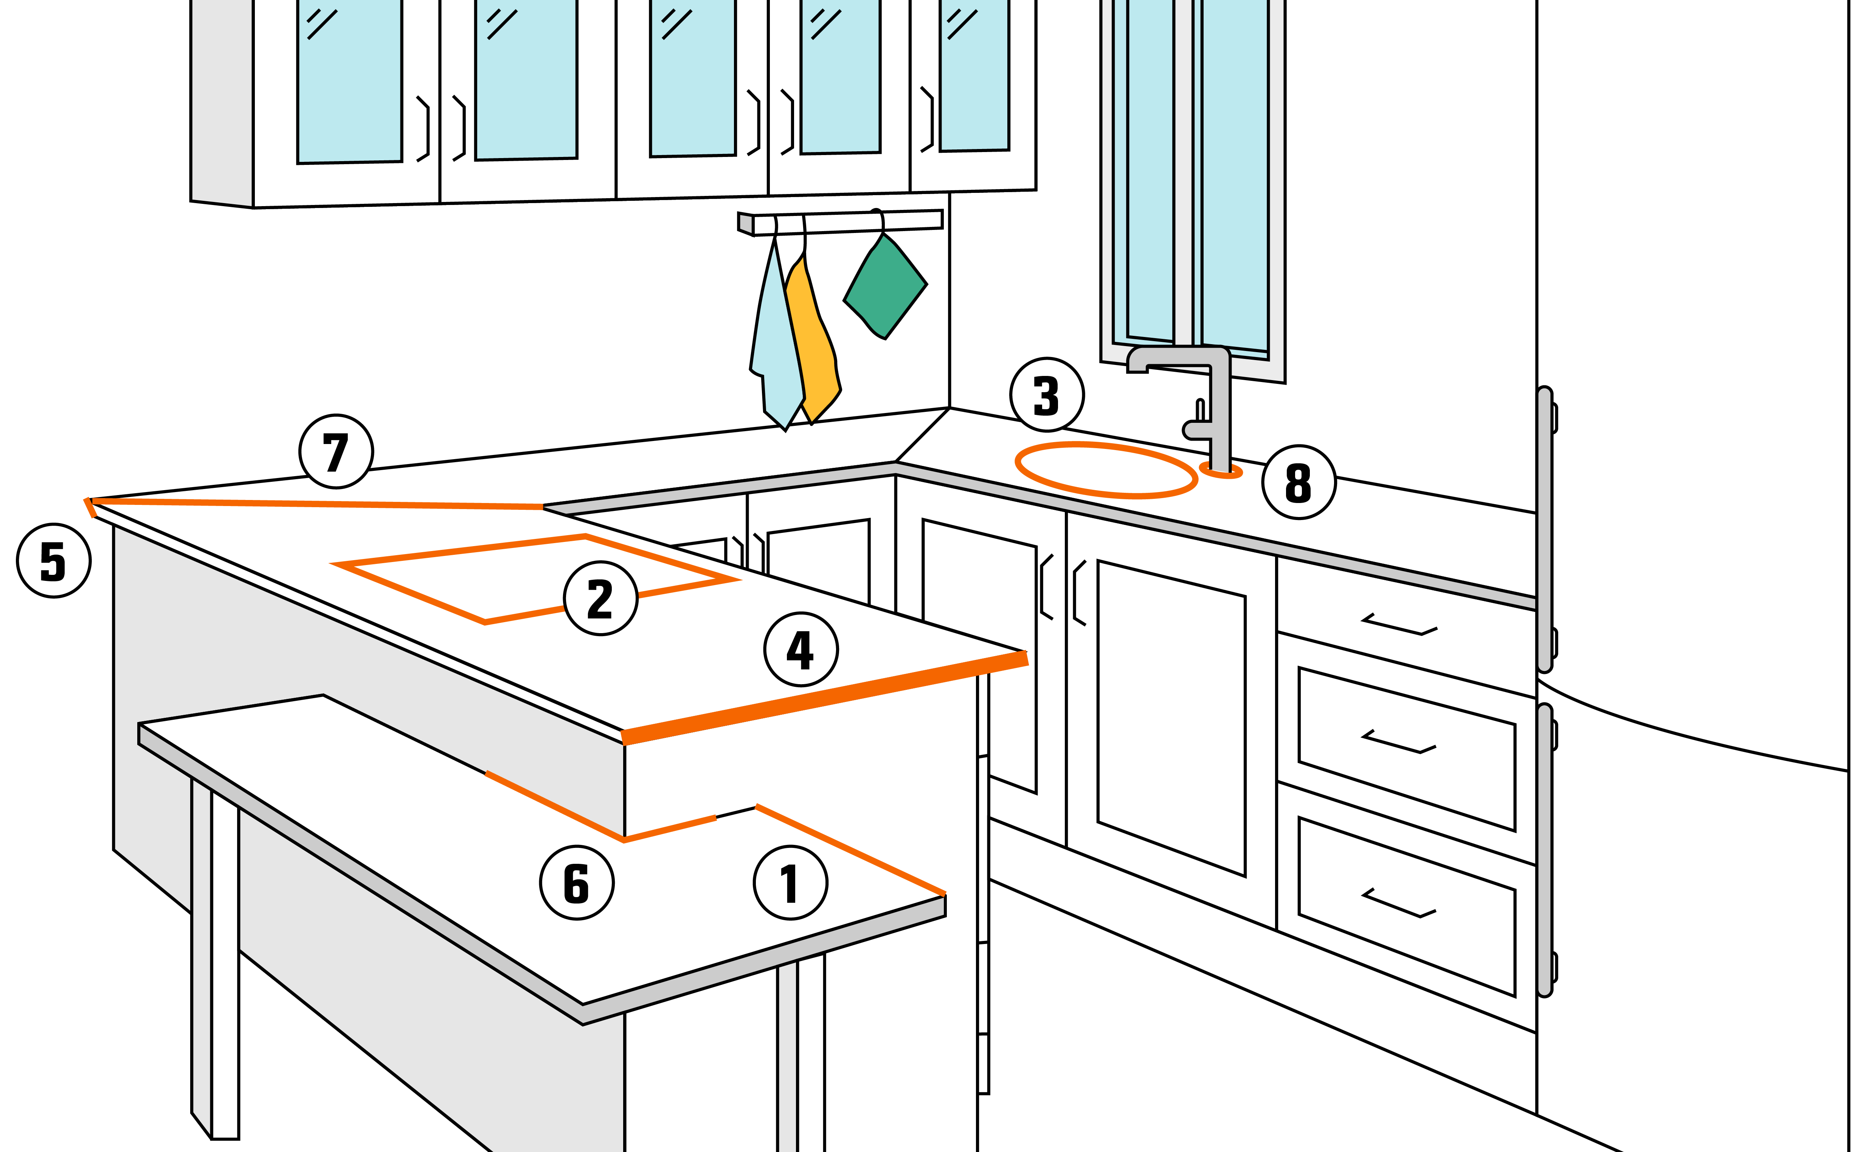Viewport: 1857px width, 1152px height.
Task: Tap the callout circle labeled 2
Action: click(600, 598)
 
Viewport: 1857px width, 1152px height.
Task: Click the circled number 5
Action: click(53, 561)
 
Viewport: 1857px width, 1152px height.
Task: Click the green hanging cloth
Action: click(885, 286)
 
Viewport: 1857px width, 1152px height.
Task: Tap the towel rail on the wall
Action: click(840, 222)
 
